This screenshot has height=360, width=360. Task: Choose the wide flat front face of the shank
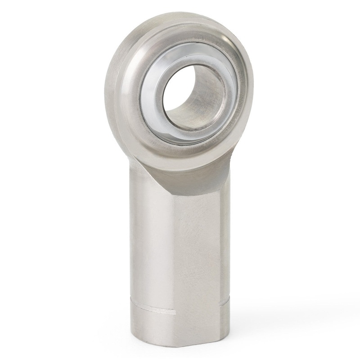coord(198,243)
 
